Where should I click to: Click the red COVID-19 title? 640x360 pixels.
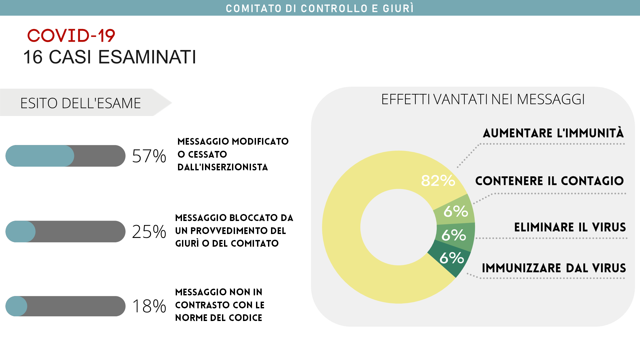coord(71,36)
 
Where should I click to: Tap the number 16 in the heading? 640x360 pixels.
coord(33,57)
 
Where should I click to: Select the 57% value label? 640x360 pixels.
coord(149,156)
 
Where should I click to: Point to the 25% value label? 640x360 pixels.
coord(149,232)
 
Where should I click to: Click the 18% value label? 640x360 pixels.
coord(149,306)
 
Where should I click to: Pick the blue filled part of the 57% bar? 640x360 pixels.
coord(40,156)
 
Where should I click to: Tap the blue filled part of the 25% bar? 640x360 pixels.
coord(20,232)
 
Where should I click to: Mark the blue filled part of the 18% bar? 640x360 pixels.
coord(16,306)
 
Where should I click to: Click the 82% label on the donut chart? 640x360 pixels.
coord(438,181)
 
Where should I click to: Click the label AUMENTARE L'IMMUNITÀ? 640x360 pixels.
coord(553,133)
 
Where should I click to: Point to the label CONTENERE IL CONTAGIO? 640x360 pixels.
coord(549,181)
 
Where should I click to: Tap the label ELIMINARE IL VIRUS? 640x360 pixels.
coord(570,227)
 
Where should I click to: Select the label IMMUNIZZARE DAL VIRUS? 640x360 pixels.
coord(554,268)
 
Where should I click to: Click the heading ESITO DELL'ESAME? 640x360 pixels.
coord(81,103)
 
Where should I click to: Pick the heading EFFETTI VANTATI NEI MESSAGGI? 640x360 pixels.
coord(483,99)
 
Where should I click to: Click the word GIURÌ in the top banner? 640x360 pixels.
coord(398,8)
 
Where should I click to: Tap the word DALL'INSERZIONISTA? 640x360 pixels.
coord(223,167)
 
